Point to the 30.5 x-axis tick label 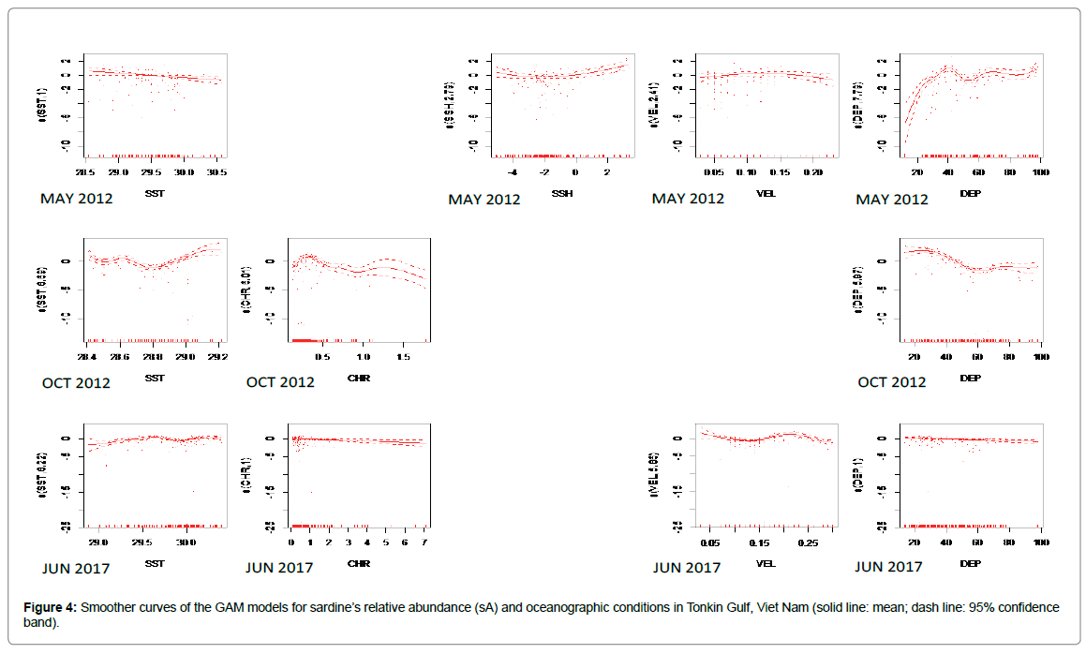coord(216,173)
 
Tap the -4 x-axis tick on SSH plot coord(513,173)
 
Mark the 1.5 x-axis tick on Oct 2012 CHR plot coord(402,358)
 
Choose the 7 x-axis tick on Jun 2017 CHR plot coord(424,543)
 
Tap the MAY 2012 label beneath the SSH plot coord(483,199)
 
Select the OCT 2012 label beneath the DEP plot coord(891,381)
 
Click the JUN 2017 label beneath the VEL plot coord(687,567)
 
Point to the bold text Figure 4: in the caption coord(51,607)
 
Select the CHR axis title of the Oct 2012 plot coord(358,377)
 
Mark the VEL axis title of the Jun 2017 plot coord(766,563)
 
